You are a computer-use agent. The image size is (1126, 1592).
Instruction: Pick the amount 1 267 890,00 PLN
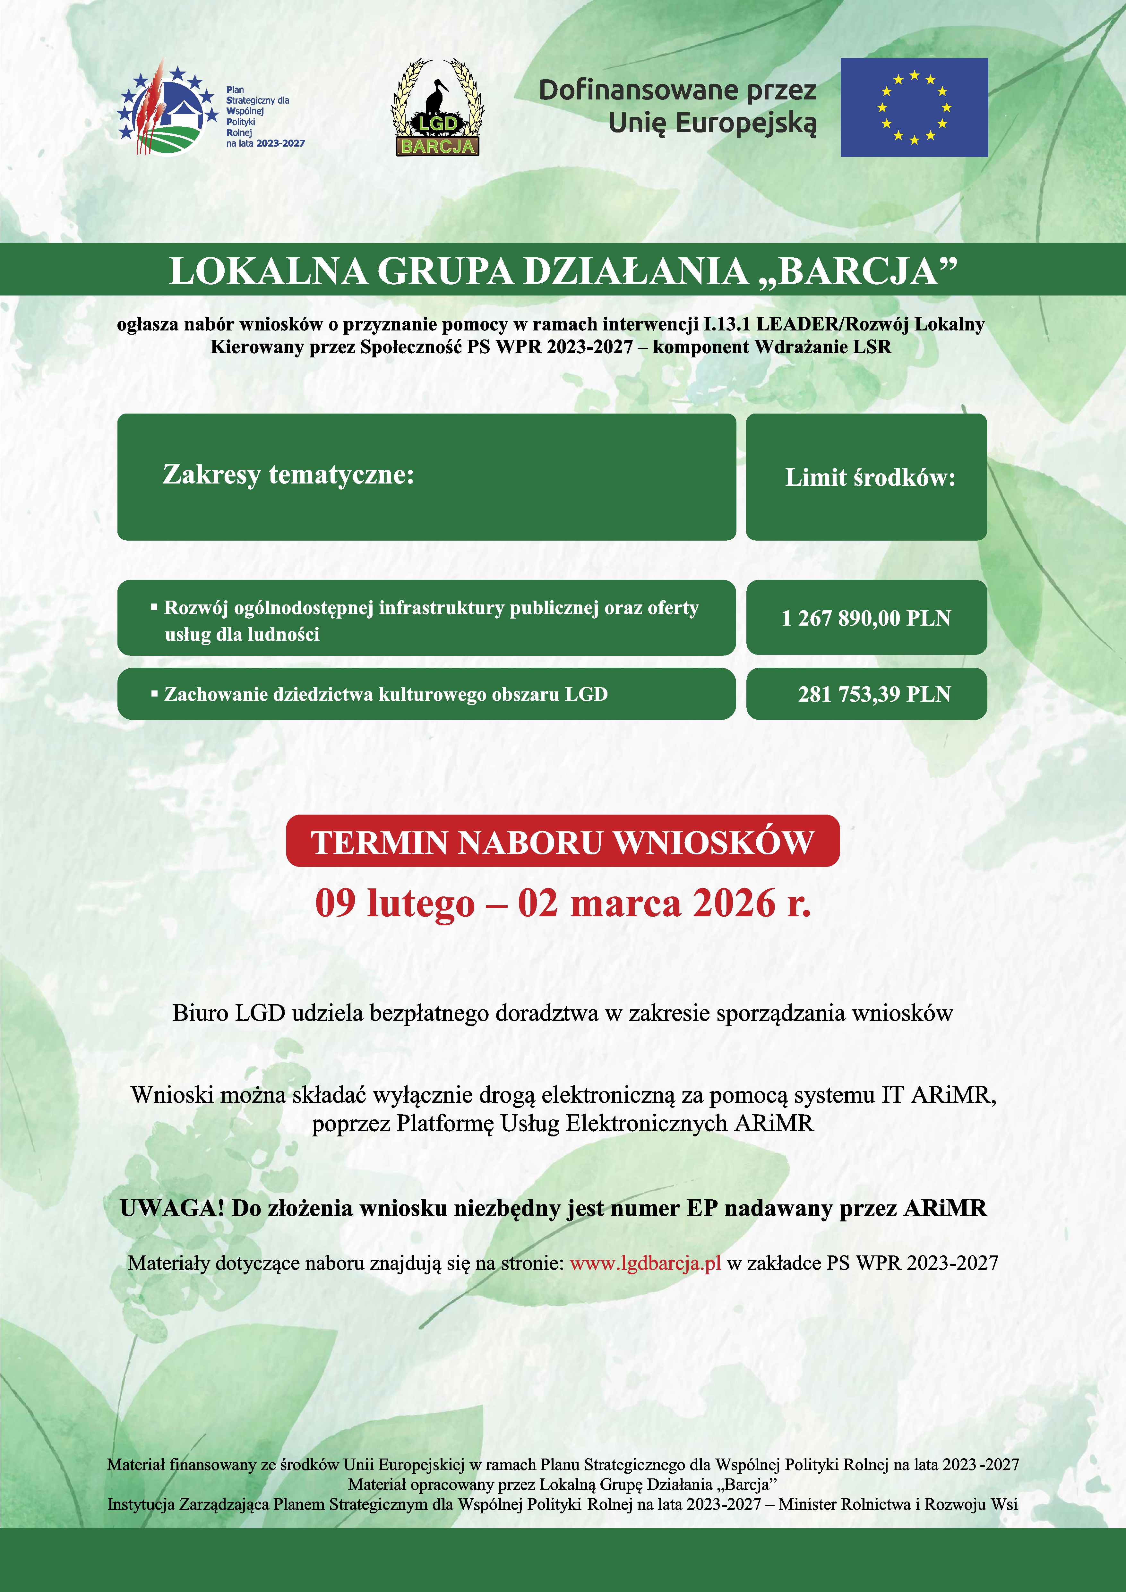point(866,618)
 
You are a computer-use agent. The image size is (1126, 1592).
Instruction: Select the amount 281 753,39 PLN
point(873,694)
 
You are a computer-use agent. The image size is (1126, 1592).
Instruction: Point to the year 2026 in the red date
point(734,903)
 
